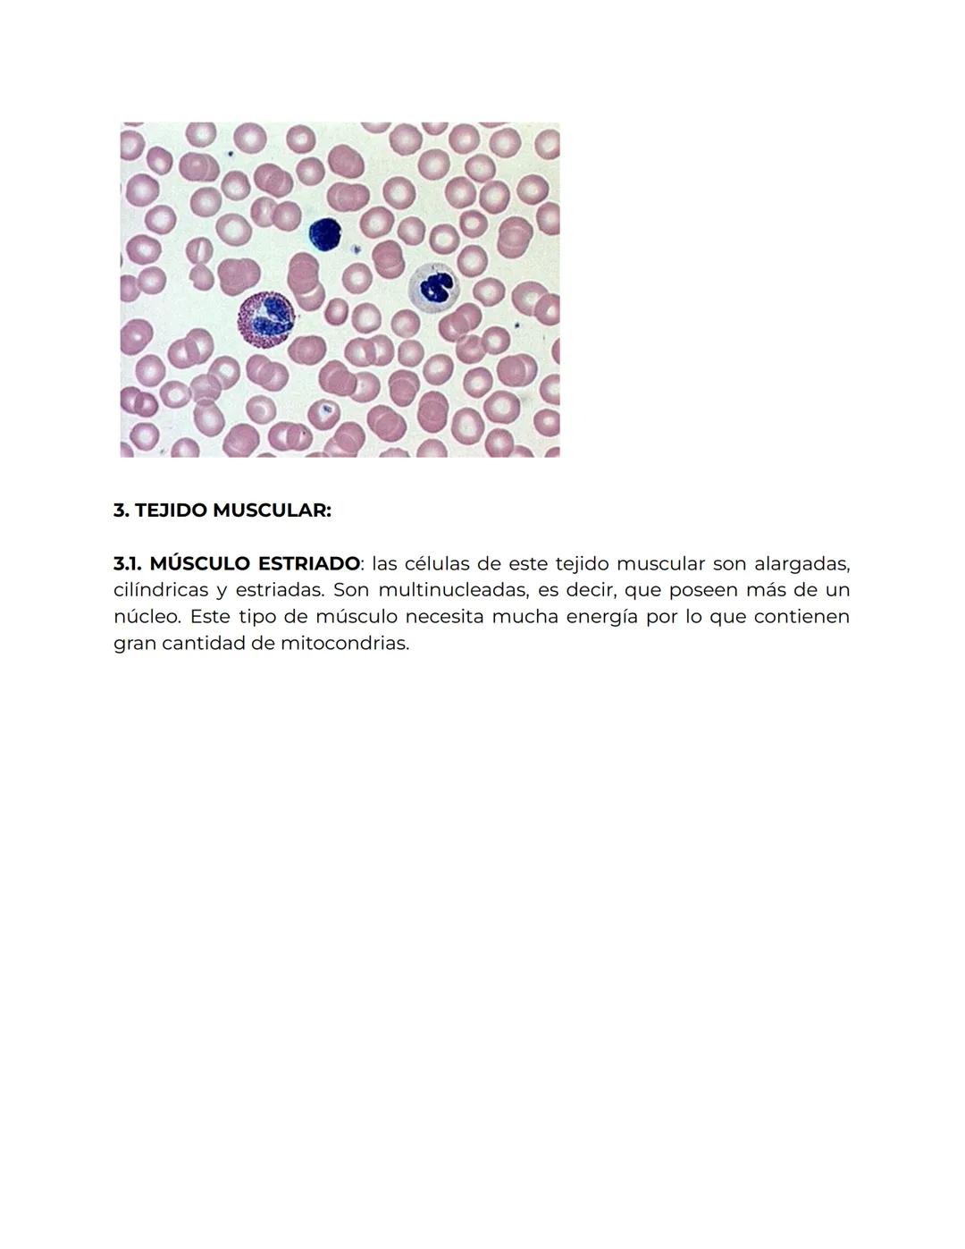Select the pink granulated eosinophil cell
pyautogui.click(x=266, y=319)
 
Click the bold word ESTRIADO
pyautogui.click(x=308, y=564)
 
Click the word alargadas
pyautogui.click(x=802, y=564)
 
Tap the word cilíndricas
pyautogui.click(x=161, y=590)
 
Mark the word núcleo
pyautogui.click(x=147, y=617)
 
